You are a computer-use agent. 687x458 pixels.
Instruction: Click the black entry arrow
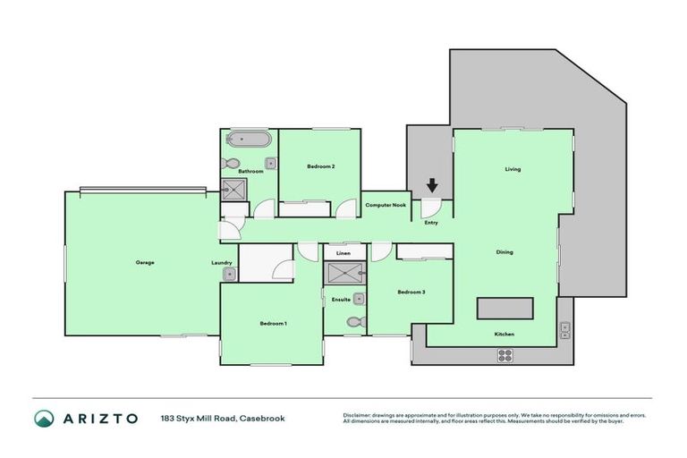[432, 186]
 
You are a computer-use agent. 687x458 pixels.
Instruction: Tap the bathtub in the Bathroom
[244, 140]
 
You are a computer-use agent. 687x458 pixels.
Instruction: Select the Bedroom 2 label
[321, 166]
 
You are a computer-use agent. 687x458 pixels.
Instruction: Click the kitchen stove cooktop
[505, 354]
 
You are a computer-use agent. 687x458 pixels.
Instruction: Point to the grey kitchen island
[505, 308]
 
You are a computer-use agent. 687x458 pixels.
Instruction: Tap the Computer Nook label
[386, 205]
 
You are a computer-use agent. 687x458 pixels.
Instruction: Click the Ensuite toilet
[355, 322]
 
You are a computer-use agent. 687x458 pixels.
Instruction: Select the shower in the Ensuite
[343, 274]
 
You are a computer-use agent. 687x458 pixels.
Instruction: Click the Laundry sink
[229, 276]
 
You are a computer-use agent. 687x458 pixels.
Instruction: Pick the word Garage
[145, 262]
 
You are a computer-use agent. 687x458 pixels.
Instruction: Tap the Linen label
[343, 253]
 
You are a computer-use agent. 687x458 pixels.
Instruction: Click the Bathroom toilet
[230, 164]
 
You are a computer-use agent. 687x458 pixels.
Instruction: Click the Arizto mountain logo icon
[44, 419]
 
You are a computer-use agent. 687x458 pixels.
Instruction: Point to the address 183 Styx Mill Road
[222, 419]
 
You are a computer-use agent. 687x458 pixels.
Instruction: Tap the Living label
[513, 169]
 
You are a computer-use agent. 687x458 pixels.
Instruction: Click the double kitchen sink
[564, 330]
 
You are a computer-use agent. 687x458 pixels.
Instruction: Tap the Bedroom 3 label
[411, 292]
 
